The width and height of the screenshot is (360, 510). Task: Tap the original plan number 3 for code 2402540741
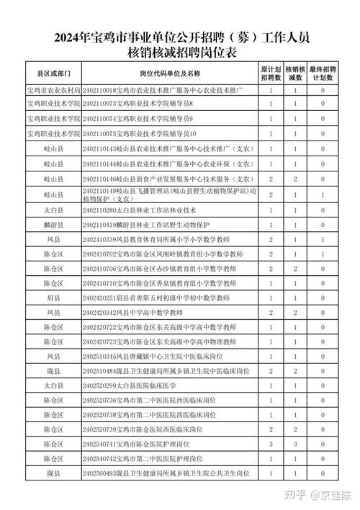point(270,444)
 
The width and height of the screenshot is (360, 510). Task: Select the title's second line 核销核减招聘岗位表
point(180,53)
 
